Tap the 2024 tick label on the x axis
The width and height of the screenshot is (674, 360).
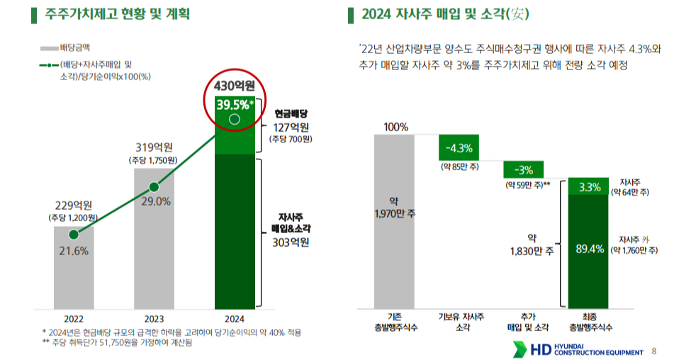(234, 318)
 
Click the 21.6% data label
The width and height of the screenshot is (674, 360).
(74, 251)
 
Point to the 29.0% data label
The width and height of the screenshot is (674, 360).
(155, 201)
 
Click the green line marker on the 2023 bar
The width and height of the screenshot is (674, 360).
(154, 188)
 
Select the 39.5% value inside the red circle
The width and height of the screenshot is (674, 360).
(232, 105)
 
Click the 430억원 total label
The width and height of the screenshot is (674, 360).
(234, 86)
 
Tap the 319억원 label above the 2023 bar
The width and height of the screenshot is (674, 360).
(154, 147)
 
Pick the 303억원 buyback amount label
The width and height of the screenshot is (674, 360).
(291, 242)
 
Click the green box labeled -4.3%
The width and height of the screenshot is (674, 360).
(459, 148)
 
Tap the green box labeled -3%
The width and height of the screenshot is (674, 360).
(523, 170)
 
